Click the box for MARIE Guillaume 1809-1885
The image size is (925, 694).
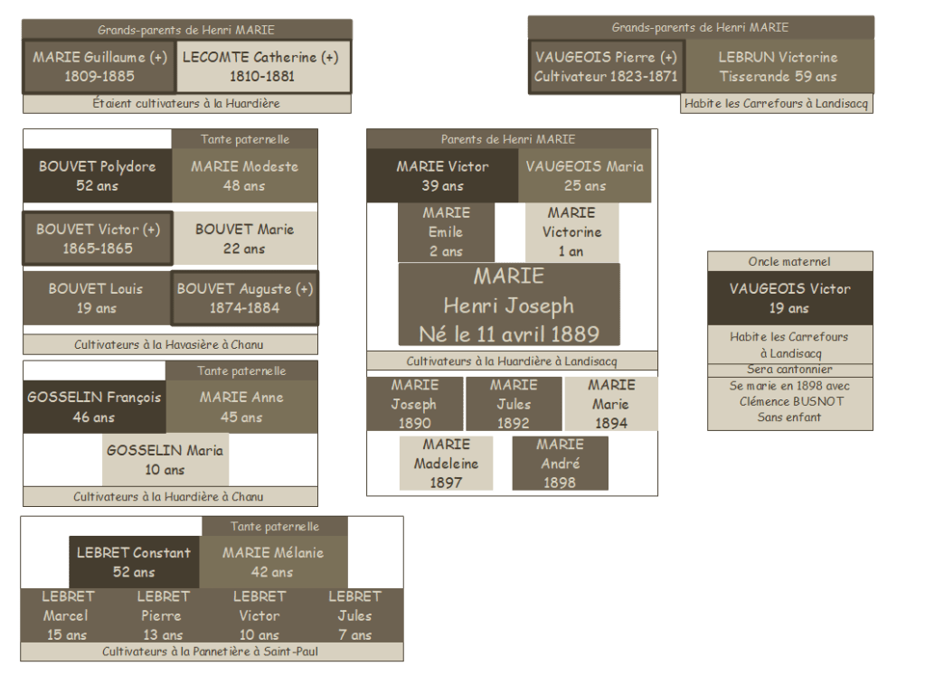(99, 66)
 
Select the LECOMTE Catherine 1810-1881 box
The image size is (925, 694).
(260, 66)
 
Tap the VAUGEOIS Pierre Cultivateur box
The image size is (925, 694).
(606, 66)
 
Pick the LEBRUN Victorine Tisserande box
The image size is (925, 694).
(779, 66)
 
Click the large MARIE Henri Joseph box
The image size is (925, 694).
(509, 305)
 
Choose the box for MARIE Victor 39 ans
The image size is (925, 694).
(442, 176)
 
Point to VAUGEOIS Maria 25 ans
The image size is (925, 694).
(585, 176)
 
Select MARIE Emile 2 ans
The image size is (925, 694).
(446, 232)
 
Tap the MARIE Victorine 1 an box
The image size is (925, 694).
(571, 232)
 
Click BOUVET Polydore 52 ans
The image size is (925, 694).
(97, 176)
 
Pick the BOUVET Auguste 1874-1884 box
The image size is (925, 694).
(245, 298)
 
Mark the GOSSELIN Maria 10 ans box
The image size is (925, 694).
(165, 460)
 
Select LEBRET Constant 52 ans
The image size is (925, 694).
(134, 562)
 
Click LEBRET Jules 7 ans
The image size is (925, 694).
(354, 615)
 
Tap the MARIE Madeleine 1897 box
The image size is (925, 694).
(446, 464)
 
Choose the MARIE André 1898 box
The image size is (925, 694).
(560, 464)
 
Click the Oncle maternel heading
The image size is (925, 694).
(789, 261)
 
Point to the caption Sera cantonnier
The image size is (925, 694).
(789, 370)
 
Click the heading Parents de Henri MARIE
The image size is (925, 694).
(508, 139)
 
